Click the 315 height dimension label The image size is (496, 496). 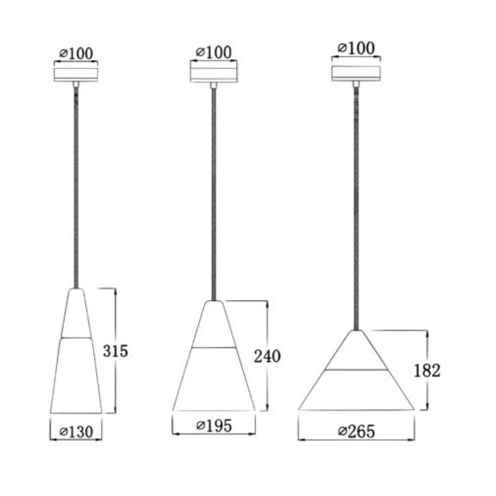(115, 351)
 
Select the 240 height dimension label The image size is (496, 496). (267, 356)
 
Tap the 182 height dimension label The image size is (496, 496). (427, 371)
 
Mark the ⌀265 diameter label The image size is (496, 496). (356, 431)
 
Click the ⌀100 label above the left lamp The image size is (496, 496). (76, 53)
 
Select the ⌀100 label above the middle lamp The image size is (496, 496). (214, 52)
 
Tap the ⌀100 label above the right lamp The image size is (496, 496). (356, 48)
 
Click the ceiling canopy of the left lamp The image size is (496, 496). (76, 75)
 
